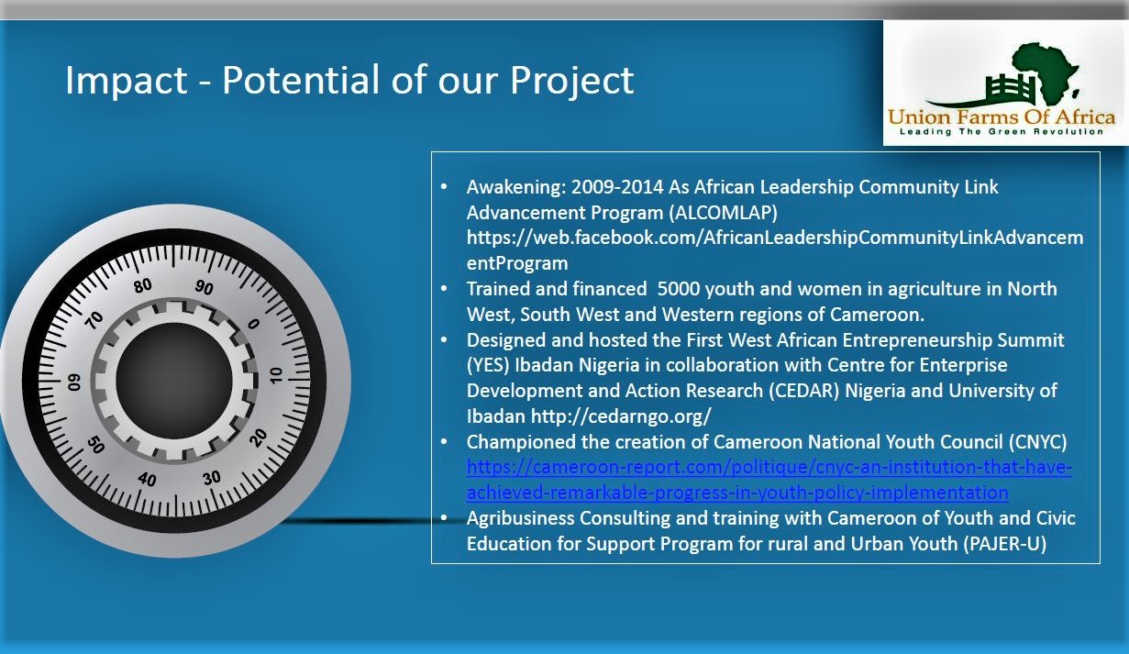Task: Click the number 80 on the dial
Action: [143, 286]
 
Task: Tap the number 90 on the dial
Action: [205, 287]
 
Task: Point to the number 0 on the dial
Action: [254, 324]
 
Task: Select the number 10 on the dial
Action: [276, 375]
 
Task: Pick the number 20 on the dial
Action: [258, 438]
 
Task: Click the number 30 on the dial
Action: [212, 477]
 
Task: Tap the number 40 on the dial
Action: [147, 479]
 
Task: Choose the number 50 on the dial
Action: [95, 444]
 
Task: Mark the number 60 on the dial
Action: [74, 382]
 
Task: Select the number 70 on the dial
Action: [94, 319]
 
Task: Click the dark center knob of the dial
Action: [174, 381]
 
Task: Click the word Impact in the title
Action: [127, 80]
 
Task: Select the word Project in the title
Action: [571, 81]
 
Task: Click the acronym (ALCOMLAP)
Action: [724, 213]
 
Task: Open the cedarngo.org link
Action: [621, 416]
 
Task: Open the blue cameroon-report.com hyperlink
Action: [769, 480]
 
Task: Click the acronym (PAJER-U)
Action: [1004, 544]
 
